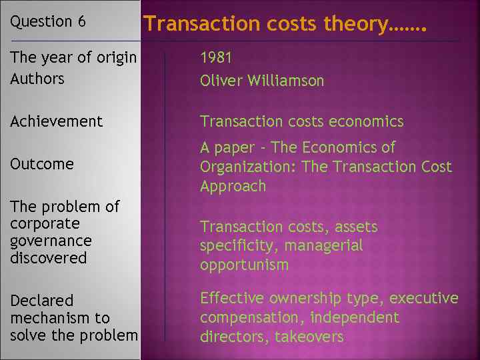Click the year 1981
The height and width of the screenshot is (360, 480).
215,59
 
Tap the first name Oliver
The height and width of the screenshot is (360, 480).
221,81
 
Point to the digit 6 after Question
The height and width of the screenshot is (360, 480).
81,21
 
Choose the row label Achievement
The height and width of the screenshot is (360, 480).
57,121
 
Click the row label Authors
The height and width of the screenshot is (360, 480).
37,79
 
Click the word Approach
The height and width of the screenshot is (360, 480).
233,186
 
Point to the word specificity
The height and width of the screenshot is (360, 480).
239,246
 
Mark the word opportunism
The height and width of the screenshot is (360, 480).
244,265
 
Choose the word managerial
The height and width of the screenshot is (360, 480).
323,246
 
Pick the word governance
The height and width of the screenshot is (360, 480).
51,240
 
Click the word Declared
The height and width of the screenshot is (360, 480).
42,301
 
